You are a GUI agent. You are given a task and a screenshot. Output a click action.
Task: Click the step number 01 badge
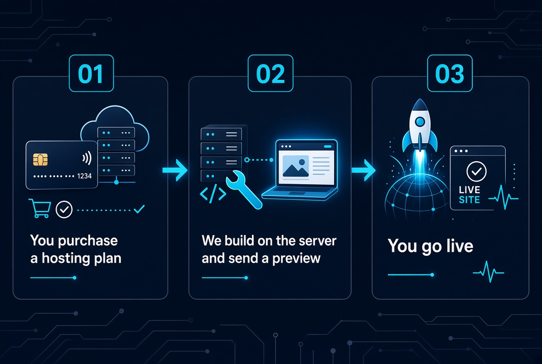[91, 73]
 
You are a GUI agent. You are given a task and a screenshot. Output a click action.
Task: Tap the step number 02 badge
[271, 73]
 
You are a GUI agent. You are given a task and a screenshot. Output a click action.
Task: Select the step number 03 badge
[450, 73]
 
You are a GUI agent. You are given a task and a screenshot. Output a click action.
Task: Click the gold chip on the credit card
[40, 160]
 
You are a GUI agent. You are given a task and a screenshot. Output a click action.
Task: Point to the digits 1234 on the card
[84, 176]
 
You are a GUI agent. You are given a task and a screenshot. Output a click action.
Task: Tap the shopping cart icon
[40, 208]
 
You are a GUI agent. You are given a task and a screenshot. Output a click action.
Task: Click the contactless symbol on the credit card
[87, 158]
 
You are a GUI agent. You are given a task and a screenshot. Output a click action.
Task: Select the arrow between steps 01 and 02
[175, 170]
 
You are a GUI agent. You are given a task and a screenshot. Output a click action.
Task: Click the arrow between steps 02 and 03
[364, 170]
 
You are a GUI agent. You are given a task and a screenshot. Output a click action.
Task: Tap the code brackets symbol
[213, 194]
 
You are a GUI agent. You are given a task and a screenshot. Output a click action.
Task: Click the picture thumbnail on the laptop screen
[296, 166]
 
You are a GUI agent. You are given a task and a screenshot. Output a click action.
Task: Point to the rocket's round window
[420, 122]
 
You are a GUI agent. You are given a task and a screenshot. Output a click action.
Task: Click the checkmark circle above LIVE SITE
[476, 171]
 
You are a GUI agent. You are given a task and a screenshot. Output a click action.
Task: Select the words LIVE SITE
[470, 195]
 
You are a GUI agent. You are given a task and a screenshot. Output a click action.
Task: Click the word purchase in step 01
[88, 241]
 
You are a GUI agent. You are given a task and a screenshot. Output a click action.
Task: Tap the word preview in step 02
[296, 259]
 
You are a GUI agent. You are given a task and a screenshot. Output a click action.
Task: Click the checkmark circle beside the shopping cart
[64, 209]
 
